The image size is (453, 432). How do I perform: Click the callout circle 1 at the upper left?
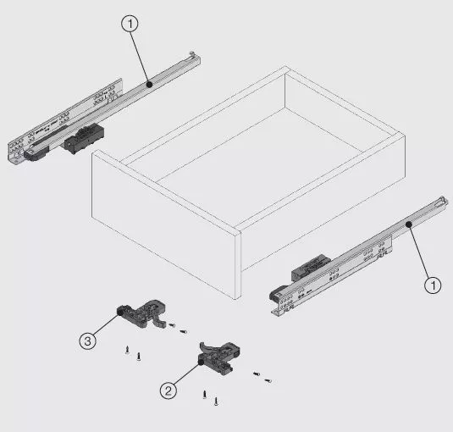[x=130, y=24]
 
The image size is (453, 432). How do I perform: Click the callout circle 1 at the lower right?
[x=433, y=285]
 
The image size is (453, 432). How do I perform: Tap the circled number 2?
[x=168, y=390]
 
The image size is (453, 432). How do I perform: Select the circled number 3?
[x=87, y=341]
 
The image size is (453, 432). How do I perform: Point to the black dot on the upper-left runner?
[x=149, y=85]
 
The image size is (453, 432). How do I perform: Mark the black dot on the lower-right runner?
[x=408, y=224]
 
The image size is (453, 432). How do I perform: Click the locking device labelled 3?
[x=142, y=313]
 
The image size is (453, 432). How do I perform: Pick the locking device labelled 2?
[x=219, y=357]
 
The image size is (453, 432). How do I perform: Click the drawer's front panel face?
[x=164, y=224]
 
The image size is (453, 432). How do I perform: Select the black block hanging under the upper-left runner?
[x=84, y=138]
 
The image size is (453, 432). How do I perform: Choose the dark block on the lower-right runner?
[x=310, y=268]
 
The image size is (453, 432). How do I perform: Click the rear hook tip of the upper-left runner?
[x=192, y=53]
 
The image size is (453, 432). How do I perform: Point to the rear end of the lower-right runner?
[x=443, y=201]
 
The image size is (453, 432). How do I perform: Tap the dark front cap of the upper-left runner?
[x=36, y=152]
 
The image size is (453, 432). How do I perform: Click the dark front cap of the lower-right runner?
[x=277, y=293]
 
